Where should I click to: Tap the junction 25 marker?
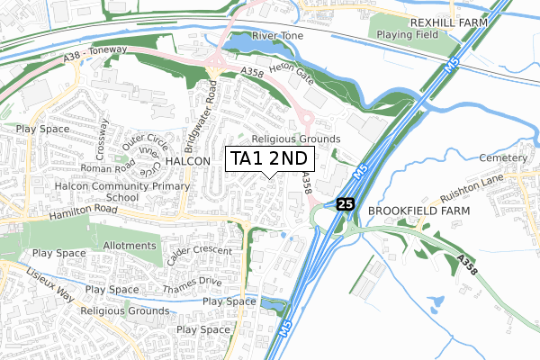pos(346,204)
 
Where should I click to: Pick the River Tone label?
pos(278,35)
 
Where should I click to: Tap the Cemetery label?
pos(505,157)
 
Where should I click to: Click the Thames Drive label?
pos(192,285)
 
